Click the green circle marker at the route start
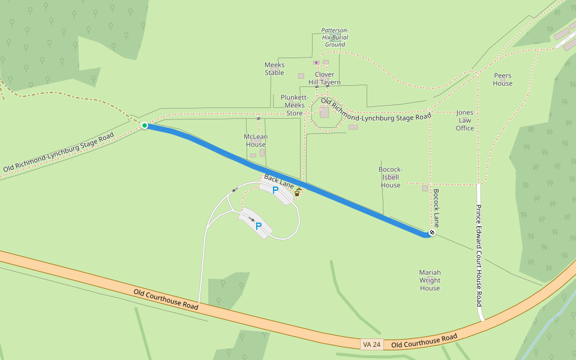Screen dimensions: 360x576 [x=145, y=125]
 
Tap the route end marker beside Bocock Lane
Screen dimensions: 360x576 [x=432, y=232]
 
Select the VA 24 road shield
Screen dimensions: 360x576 [x=371, y=344]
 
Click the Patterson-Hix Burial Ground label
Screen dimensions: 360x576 [x=335, y=37]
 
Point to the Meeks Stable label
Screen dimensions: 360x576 [x=274, y=68]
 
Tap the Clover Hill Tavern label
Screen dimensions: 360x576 [x=325, y=79]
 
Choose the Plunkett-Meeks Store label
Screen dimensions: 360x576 [x=295, y=105]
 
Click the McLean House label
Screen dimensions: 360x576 [x=256, y=140]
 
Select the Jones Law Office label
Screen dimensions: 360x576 [x=465, y=120]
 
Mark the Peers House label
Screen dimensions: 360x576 [x=503, y=79]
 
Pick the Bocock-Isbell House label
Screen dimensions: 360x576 [x=391, y=177]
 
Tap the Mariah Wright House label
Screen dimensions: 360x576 [x=430, y=280]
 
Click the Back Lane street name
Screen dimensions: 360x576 [x=279, y=181]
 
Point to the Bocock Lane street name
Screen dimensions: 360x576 [x=436, y=208]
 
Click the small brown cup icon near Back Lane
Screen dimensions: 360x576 [x=297, y=193]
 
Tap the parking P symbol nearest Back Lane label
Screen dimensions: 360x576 [x=275, y=190]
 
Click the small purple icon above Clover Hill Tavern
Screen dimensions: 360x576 [x=316, y=62]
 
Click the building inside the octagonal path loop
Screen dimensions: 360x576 [x=325, y=112]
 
